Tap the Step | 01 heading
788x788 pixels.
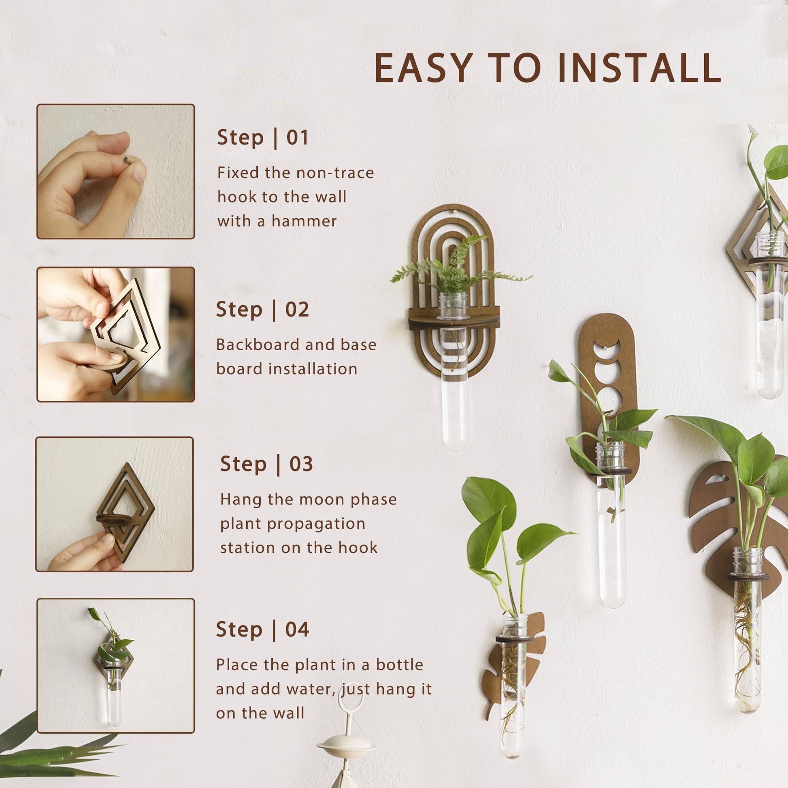click(262, 137)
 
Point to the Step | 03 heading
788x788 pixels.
click(266, 464)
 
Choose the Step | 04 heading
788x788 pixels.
click(262, 629)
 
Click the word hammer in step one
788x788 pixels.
click(304, 221)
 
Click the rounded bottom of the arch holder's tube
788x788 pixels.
click(454, 443)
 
